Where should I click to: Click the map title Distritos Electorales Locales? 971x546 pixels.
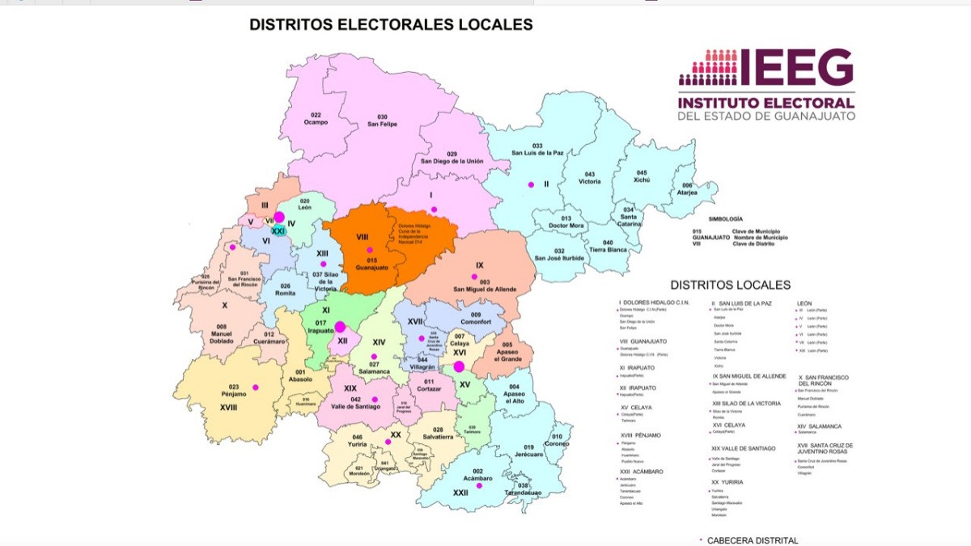coord(391,25)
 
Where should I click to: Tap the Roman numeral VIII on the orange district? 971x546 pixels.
coord(362,236)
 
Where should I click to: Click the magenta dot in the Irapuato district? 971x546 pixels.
coord(340,327)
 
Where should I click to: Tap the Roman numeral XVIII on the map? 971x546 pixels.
coord(229,408)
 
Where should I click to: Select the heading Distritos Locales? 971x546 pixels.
coord(730,285)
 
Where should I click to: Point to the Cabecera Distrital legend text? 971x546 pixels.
coord(753,540)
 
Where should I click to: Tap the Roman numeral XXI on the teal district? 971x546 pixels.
coord(279,231)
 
